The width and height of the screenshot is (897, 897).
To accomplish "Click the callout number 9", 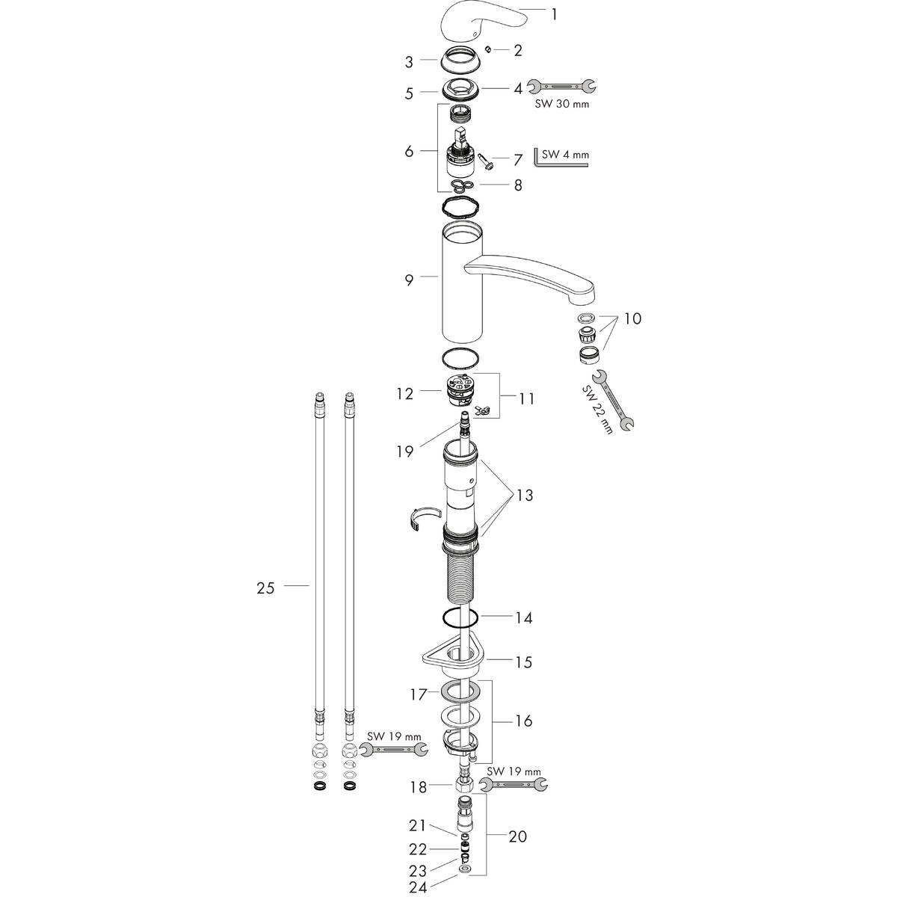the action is point(409,280).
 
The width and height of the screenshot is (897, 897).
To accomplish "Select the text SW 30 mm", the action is point(562,103).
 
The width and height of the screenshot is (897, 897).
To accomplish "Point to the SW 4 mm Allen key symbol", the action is point(538,160).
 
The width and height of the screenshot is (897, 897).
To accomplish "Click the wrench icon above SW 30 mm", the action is point(562,85).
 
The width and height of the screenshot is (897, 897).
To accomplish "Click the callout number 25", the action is point(266,588).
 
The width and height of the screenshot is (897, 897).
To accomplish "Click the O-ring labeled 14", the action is point(460,619).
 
